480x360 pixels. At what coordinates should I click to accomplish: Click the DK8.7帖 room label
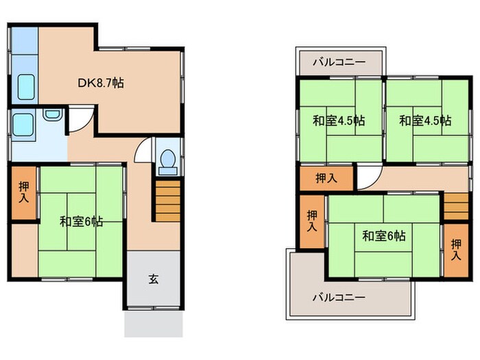99,84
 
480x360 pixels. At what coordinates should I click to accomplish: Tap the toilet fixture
167,159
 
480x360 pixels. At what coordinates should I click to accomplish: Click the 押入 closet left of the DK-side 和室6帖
23,191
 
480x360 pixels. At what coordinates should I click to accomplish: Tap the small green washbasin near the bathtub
52,115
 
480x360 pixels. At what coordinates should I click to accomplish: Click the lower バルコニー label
339,298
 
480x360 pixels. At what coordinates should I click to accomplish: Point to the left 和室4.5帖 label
339,121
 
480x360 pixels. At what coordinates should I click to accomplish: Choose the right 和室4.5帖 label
425,121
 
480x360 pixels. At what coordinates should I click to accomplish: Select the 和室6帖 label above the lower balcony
384,236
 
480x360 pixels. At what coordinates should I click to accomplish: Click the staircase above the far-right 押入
455,206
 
